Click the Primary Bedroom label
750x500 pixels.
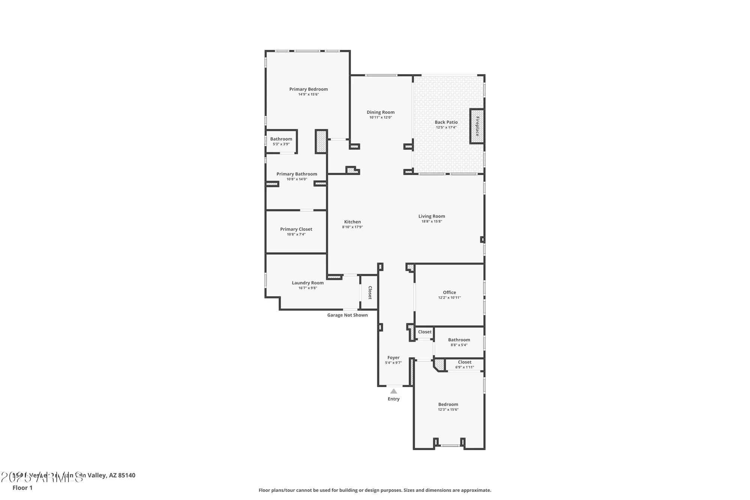click(x=308, y=89)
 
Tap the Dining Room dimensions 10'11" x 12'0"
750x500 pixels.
click(x=380, y=117)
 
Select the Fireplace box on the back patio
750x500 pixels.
click(x=477, y=126)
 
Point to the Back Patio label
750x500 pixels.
click(x=446, y=122)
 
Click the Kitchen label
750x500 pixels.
click(x=352, y=222)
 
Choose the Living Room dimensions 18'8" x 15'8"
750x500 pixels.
click(x=432, y=221)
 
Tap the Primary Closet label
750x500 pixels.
click(x=296, y=229)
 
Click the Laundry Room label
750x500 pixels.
click(x=307, y=283)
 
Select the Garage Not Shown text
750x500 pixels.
click(x=347, y=315)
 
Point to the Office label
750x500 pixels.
click(x=449, y=292)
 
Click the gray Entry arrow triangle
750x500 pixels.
click(x=393, y=391)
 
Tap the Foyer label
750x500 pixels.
click(x=393, y=357)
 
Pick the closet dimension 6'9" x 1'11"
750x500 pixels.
click(x=464, y=367)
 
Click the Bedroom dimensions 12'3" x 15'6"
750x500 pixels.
click(x=448, y=410)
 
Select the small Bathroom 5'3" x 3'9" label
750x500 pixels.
click(x=281, y=139)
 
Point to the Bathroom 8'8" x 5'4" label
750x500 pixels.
click(x=459, y=340)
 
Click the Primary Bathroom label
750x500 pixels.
click(x=297, y=174)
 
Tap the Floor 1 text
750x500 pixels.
click(x=22, y=488)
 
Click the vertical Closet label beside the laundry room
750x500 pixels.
click(x=370, y=293)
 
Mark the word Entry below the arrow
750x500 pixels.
click(x=393, y=399)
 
